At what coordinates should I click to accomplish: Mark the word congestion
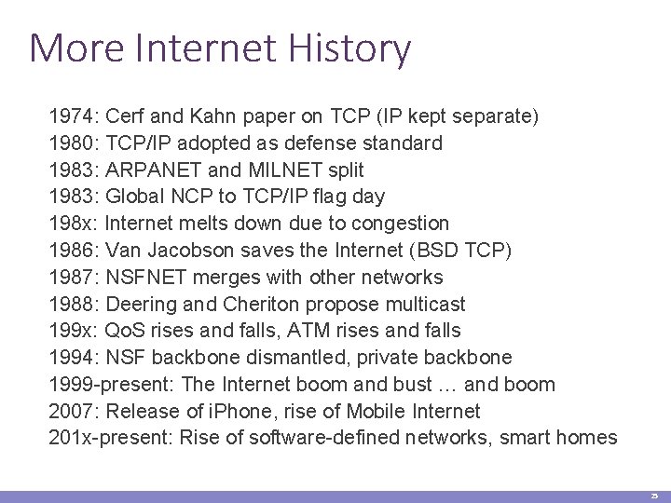tap(402, 224)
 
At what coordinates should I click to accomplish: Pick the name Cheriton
tap(254, 305)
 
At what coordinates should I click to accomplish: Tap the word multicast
tap(423, 305)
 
